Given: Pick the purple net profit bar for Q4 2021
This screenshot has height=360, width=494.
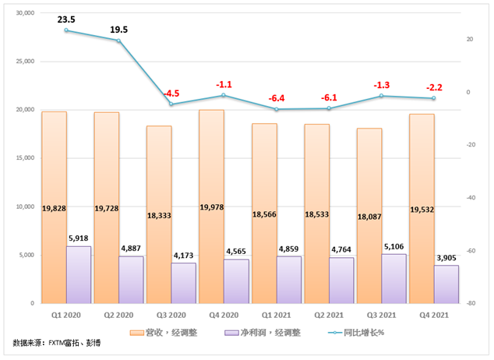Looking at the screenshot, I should click(446, 284).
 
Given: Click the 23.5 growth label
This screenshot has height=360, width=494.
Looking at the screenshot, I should click(66, 17).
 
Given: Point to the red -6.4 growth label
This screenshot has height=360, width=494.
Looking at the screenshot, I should click(277, 98).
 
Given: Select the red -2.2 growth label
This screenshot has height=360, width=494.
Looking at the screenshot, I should click(434, 87).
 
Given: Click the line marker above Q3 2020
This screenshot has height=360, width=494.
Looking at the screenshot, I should click(171, 104).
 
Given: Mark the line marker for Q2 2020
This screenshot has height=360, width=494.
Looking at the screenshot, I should click(118, 41).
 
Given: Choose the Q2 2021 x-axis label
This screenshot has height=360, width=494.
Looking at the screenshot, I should click(329, 316).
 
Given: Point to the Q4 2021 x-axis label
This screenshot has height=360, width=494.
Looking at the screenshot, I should click(434, 316).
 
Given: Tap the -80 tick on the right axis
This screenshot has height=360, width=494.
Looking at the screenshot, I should click(470, 303).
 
